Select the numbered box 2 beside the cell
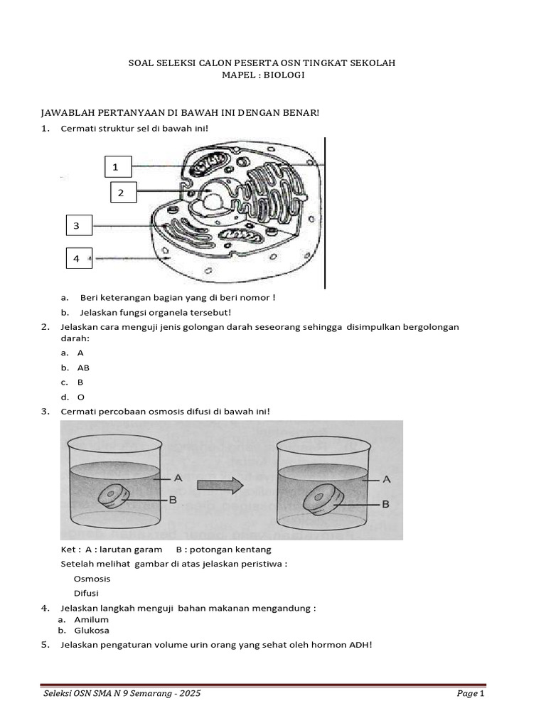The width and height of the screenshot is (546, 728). click(x=121, y=192)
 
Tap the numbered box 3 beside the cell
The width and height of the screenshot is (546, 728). click(x=77, y=226)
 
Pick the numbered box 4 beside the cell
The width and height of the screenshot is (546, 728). click(x=77, y=259)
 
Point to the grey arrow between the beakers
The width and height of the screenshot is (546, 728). click(x=220, y=486)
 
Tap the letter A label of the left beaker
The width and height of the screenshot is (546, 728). click(x=178, y=478)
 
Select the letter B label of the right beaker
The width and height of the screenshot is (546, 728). click(x=386, y=503)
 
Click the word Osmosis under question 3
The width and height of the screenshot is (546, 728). click(x=92, y=579)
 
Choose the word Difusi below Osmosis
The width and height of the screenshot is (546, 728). click(x=86, y=593)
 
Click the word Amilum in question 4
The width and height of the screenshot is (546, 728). click(x=92, y=619)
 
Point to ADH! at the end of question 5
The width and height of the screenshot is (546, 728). click(x=360, y=645)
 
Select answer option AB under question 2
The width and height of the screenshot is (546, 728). click(x=83, y=368)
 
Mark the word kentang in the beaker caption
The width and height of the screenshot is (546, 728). click(x=255, y=550)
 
